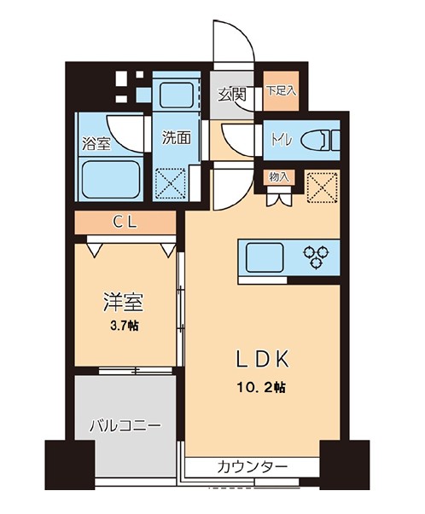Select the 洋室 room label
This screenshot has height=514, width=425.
pos(122,303)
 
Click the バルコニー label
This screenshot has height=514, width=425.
pos(125,424)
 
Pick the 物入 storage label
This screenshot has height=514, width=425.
pos(279,177)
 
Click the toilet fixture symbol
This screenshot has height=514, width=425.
pos(318,139)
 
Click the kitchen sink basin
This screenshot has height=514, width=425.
pos(265,256)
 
